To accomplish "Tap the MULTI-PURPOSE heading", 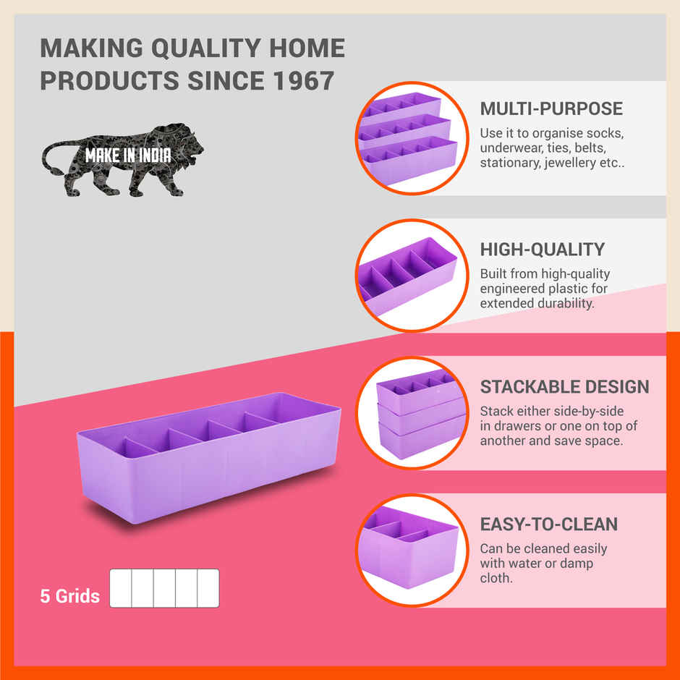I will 551,109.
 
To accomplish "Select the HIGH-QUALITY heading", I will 542,250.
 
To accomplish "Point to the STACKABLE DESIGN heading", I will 564,386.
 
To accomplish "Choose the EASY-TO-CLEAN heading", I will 548,524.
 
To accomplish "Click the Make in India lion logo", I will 123,159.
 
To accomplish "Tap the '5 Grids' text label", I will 70,597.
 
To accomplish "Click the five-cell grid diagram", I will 164,588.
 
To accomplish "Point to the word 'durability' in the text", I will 560,303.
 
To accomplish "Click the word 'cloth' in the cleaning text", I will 496,578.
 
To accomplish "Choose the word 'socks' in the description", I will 604,134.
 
